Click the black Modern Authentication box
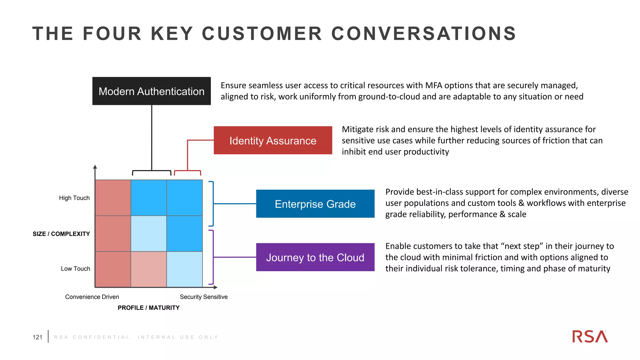(x=152, y=91)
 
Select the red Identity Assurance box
(x=273, y=140)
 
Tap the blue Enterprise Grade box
(x=315, y=204)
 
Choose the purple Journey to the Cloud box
(x=315, y=257)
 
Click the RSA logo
(x=590, y=337)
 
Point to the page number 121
(x=37, y=337)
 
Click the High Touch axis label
(x=74, y=198)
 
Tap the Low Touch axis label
(x=75, y=269)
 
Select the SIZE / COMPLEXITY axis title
(x=61, y=234)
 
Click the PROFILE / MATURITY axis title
(x=148, y=308)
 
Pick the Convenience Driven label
(x=92, y=297)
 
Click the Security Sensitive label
(x=203, y=297)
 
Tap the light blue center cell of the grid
(x=149, y=233)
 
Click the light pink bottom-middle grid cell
(x=149, y=269)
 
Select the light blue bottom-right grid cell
(x=184, y=269)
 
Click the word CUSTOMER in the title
(x=262, y=33)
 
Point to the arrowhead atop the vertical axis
(x=95, y=167)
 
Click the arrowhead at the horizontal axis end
(x=215, y=287)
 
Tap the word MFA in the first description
(x=433, y=85)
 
